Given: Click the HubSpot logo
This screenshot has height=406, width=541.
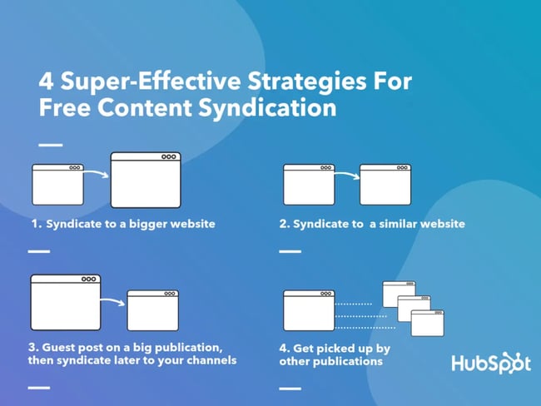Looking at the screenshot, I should pos(490,364).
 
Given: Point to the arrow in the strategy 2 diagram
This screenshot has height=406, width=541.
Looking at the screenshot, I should pos(346,174).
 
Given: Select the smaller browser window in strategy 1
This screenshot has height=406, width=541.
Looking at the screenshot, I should pos(57,184).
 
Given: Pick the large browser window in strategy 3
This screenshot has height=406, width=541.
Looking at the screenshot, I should pos(65,303).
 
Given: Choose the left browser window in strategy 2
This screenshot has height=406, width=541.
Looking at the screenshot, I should pos(309,185).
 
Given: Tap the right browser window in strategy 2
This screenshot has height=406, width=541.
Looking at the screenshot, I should pos(385,185).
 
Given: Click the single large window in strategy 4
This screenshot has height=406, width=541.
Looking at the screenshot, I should pos(309,310).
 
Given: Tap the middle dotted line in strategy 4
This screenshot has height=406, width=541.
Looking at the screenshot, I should pos(360,316).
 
